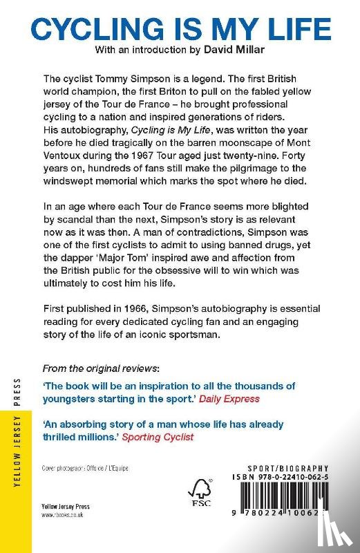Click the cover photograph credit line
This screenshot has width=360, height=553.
tap(85, 468)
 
